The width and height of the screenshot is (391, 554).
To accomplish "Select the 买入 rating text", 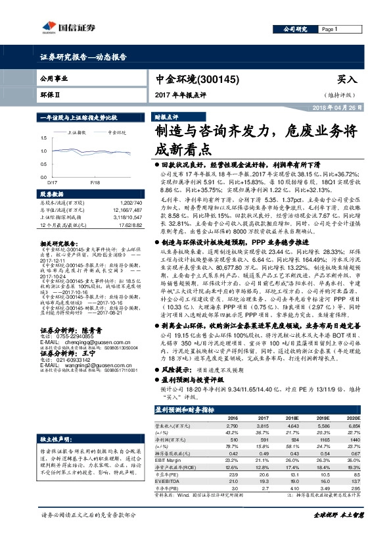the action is point(346,79).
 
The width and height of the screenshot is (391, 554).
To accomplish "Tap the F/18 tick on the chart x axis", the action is point(95,181).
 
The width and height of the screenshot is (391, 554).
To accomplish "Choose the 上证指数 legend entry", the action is point(79,132).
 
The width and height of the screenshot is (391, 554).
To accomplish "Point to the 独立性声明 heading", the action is point(54,438).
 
